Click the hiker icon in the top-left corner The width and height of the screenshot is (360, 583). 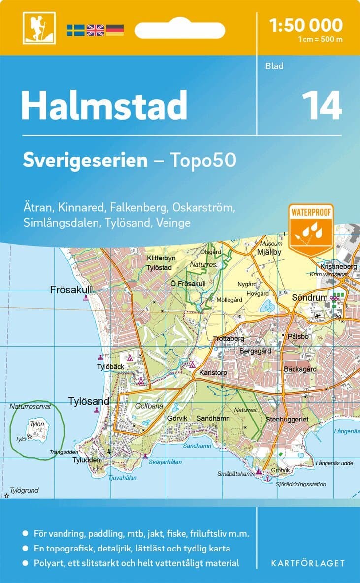click(39, 28)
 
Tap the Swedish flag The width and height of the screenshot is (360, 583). click(76, 30)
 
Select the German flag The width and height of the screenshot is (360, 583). click(115, 30)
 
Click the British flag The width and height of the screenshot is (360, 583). click(95, 30)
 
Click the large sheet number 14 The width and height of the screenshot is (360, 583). click(322, 105)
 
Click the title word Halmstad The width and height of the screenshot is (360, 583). click(104, 105)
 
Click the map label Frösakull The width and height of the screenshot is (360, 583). click(71, 290)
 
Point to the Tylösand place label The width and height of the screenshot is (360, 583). click(89, 402)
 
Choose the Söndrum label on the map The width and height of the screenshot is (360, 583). click(309, 298)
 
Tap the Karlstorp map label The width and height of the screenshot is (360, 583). click(213, 373)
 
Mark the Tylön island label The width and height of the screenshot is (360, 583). click(36, 424)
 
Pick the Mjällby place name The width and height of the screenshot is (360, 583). click(268, 253)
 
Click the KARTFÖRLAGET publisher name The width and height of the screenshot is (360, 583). click(307, 563)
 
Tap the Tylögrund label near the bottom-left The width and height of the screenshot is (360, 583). click(24, 490)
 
